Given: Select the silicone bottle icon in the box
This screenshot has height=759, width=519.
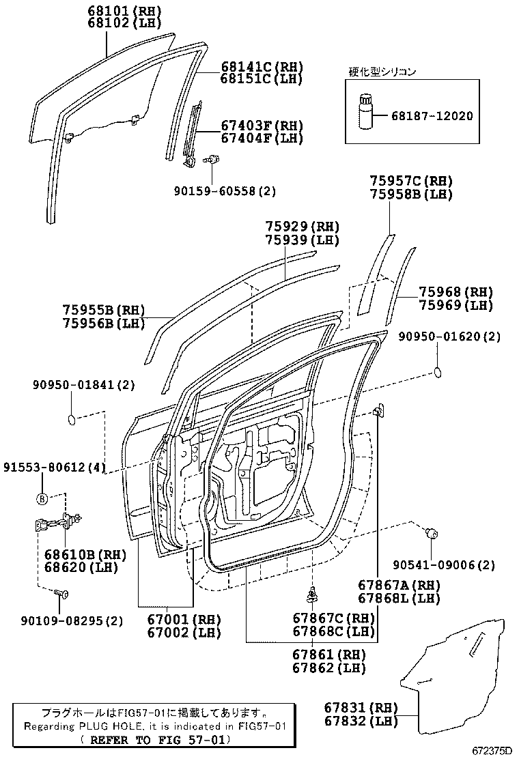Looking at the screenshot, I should coord(363,113).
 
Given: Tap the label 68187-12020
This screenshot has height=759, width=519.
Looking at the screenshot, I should coord(432,116).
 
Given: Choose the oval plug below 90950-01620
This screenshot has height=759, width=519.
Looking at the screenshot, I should coord(439,372).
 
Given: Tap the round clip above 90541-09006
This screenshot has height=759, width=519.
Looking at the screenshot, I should coord(432,534).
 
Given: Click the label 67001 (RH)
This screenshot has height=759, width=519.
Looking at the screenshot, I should coord(184,620).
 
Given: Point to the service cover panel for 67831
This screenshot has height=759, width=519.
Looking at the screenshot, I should coord(451,676).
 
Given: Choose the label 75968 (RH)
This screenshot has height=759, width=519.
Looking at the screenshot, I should coord(455,292).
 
